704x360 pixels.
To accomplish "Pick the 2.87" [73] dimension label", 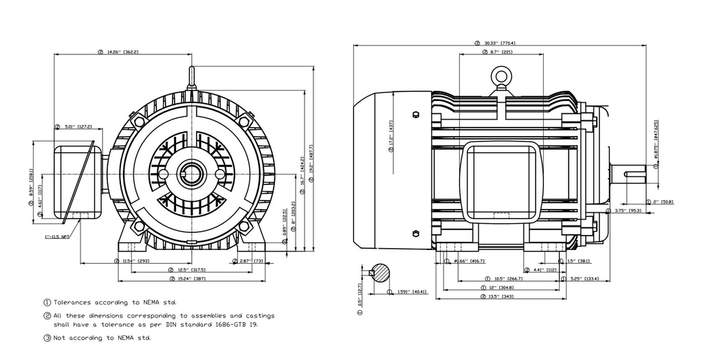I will [249, 261].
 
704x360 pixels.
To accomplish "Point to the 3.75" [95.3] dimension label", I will [628, 211].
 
